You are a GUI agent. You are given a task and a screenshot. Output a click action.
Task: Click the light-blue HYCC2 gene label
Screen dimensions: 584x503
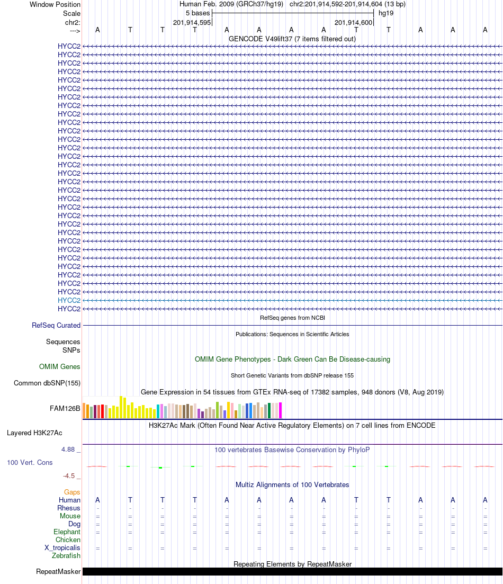(x=69, y=300)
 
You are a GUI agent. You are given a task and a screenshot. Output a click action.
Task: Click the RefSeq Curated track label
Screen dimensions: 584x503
(x=56, y=326)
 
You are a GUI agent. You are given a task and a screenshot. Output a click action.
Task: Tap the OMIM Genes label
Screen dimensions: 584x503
(x=60, y=366)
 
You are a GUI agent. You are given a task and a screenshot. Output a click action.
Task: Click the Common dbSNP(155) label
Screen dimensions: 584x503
(x=47, y=383)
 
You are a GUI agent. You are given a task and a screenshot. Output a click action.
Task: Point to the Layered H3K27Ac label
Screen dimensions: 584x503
(x=43, y=433)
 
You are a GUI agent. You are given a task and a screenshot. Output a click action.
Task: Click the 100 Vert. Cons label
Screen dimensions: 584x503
(x=30, y=462)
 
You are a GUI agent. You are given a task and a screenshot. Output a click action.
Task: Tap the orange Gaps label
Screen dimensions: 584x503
(x=72, y=492)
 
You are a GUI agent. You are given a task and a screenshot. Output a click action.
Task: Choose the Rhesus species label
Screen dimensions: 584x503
(x=69, y=508)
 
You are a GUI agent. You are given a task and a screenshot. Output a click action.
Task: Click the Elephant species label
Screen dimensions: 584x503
(x=67, y=532)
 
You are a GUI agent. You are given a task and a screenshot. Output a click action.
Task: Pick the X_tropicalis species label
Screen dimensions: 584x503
(x=62, y=547)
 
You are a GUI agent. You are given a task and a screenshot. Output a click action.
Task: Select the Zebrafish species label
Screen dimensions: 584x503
(x=66, y=555)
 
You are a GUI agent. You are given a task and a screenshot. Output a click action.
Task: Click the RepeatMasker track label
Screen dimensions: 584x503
(x=58, y=572)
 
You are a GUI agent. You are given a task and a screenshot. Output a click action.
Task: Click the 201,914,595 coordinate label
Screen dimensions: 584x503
(x=192, y=23)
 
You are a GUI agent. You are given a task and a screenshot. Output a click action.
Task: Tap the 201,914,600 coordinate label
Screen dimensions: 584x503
(x=354, y=23)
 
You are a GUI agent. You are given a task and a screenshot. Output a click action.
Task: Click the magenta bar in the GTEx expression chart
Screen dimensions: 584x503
(x=281, y=410)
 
